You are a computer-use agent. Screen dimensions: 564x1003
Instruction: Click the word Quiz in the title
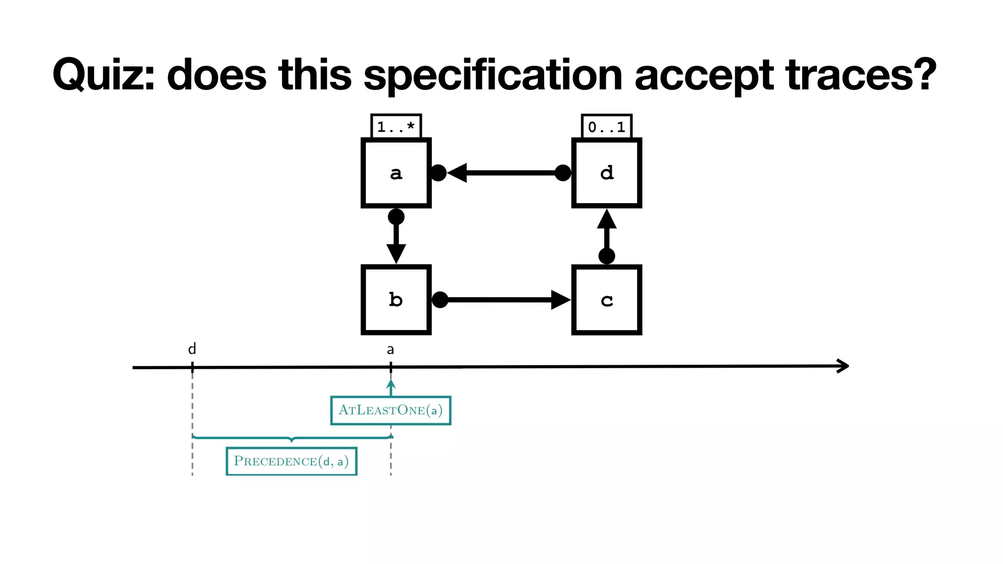[x=103, y=75]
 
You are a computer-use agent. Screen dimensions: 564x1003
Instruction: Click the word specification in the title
[x=493, y=75]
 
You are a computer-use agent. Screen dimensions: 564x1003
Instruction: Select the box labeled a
[x=396, y=173]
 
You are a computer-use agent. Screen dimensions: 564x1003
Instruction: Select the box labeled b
[x=396, y=300]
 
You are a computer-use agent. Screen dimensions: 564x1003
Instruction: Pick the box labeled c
[x=606, y=300]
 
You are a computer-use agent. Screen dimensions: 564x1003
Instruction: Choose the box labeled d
[x=606, y=173]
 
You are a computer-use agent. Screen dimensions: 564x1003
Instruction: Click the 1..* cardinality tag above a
[x=396, y=127]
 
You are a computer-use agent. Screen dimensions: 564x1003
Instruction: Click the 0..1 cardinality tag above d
[x=606, y=127]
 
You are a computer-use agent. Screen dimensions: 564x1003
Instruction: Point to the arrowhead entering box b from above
[x=396, y=254]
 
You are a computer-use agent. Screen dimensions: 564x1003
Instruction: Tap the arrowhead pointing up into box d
[x=606, y=220]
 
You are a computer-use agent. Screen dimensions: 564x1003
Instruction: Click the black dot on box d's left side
[x=563, y=173]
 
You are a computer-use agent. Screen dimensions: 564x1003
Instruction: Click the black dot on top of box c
[x=606, y=256]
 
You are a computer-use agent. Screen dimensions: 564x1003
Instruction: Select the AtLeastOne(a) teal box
[x=390, y=410]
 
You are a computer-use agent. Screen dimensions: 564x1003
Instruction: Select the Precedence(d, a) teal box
[x=291, y=461]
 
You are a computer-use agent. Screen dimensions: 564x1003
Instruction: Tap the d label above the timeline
[x=192, y=349]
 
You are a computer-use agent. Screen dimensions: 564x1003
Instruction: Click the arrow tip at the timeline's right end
[x=844, y=366]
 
